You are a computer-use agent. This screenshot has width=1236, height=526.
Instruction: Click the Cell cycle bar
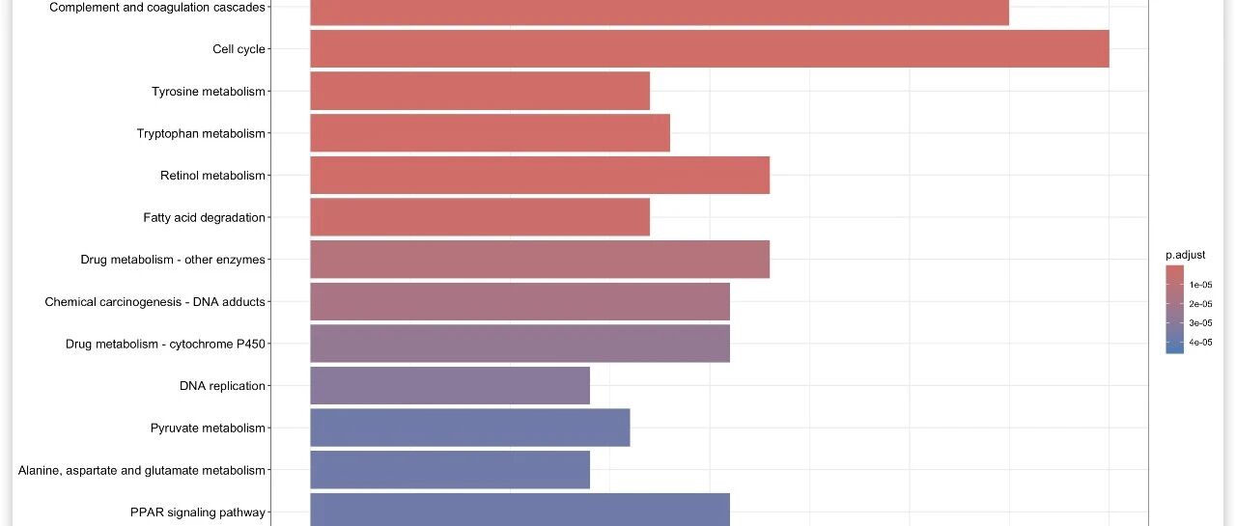[709, 49]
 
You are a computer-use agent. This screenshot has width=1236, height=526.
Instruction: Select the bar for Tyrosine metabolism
[480, 92]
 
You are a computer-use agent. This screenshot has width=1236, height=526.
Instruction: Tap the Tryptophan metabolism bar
[490, 133]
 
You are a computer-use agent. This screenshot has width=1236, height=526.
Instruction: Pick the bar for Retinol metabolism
[540, 176]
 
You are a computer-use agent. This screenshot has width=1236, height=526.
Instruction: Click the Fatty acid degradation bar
[480, 217]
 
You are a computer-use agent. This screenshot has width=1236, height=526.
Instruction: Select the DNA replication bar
[450, 386]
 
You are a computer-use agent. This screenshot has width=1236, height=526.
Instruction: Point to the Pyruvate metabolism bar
[470, 428]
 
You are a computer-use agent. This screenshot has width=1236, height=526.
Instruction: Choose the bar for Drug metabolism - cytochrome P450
[520, 344]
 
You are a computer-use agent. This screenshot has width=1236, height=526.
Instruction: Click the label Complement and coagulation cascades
[157, 8]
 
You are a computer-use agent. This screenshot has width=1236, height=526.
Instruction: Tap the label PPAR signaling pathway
[198, 512]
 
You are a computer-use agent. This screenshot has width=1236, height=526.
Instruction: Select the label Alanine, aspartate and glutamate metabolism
[142, 471]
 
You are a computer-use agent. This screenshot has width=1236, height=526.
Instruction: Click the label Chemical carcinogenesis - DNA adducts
[154, 302]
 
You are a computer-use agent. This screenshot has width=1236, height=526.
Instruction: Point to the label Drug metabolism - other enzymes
[173, 260]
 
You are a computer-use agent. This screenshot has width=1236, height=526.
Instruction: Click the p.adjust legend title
[1185, 255]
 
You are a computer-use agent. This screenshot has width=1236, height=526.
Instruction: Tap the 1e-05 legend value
[1200, 285]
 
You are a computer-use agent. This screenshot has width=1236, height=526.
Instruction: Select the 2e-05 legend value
[1200, 304]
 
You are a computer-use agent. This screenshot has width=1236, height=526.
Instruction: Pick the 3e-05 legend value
[1200, 323]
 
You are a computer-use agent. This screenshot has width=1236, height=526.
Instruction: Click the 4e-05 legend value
[1200, 343]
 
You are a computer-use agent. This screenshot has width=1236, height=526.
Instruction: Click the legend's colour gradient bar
[1174, 310]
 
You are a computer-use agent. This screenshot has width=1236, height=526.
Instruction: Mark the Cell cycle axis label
[239, 49]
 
